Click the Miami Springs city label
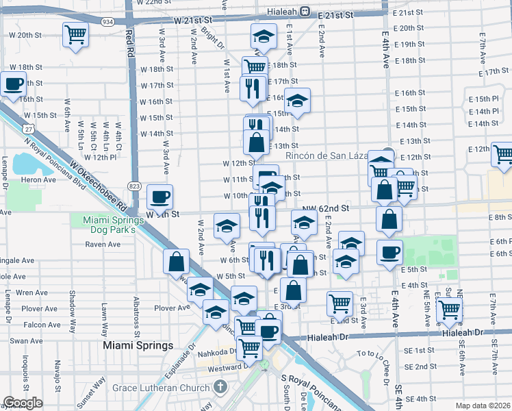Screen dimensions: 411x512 138,345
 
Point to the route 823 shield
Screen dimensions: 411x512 135,186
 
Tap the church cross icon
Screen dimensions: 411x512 220,388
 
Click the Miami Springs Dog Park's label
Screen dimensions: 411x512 110,225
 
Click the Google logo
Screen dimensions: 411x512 23,403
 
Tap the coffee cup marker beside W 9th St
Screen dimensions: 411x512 160,197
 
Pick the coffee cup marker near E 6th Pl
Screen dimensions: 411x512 389,251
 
